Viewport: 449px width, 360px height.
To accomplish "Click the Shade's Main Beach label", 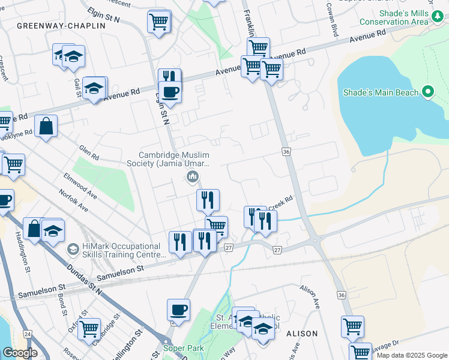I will pos(381,92).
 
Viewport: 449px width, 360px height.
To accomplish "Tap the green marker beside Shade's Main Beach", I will pos(427,92).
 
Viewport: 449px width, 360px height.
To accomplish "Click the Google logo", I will pos(20,353).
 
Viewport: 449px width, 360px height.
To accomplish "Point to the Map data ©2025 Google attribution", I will pos(411,355).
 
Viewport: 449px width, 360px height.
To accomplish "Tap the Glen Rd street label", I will pos(88,152).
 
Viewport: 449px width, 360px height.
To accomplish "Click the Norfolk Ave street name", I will pos(73,201).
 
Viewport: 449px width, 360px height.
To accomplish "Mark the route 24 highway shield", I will pos(27,333).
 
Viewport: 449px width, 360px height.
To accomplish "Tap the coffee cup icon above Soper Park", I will pos(178,310).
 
